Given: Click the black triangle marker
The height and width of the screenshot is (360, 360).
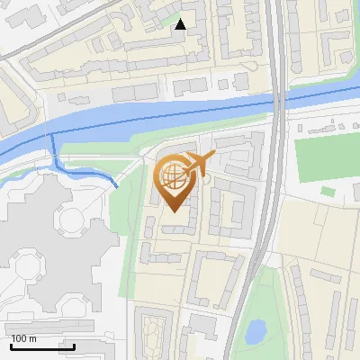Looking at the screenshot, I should pyautogui.click(x=181, y=24).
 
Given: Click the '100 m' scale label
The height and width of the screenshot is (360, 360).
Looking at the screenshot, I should pyautogui.click(x=24, y=338).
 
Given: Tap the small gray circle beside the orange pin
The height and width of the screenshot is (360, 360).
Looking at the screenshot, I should pyautogui.click(x=206, y=179).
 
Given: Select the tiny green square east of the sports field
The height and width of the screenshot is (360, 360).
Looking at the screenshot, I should pyautogui.click(x=328, y=191).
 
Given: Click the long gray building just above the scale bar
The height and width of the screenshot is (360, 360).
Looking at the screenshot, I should pyautogui.click(x=49, y=328).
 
